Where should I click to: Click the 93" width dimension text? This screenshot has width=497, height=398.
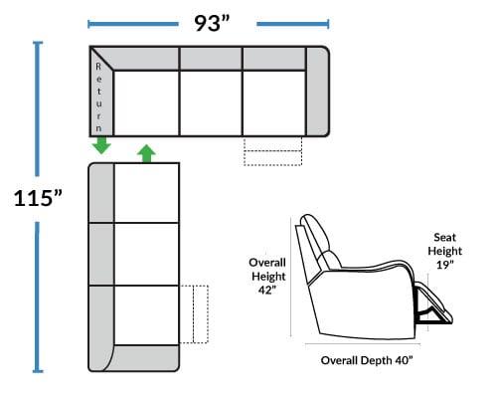point(212,23)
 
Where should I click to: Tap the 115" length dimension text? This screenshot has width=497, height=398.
point(38,198)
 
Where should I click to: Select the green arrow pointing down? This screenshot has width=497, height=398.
point(101,145)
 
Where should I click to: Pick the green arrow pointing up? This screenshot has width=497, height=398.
point(146,153)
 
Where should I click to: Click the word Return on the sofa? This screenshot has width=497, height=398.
point(98,98)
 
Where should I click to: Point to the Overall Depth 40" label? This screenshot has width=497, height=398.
point(367,360)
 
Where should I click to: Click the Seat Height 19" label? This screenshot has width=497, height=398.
point(444,251)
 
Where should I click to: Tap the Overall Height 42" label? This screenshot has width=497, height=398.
point(267,276)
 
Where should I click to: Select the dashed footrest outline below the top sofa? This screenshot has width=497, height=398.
point(272,151)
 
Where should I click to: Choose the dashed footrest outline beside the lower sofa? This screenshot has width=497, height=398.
point(194,314)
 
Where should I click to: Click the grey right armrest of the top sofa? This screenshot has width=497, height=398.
point(317,92)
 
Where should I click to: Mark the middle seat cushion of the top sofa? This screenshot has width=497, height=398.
point(211,103)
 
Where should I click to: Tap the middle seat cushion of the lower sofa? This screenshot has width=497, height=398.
point(147,254)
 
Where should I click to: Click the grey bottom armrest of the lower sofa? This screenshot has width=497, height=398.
point(146,358)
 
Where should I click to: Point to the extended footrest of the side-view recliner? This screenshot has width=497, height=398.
point(434,303)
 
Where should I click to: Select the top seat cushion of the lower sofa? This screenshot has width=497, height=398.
point(147,193)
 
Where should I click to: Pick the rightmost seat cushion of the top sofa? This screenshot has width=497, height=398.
point(273,103)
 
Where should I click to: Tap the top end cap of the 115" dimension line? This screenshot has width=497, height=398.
point(38,43)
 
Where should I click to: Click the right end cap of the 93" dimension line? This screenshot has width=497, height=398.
point(328,24)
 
